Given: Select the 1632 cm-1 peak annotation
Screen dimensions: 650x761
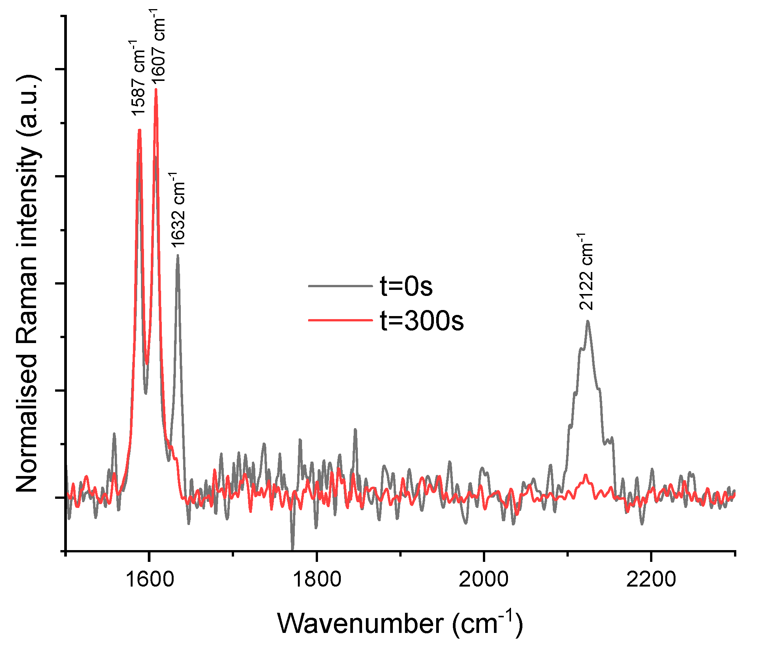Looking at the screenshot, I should point(177,210).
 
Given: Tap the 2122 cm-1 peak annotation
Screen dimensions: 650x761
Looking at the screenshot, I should point(586,272).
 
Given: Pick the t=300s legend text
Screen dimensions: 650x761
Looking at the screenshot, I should point(422,320).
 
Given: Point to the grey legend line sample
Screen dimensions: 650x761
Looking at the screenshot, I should point(340,286).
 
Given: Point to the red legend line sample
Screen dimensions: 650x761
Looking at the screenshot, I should point(340,320).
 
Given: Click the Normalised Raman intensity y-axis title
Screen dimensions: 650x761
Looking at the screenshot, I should point(27,283).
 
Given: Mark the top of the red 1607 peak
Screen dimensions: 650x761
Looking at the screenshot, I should point(156,89).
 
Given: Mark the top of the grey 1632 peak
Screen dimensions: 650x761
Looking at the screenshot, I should point(177,255).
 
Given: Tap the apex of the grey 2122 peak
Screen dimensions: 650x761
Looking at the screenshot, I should point(588,321).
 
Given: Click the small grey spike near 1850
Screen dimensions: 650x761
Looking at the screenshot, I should point(355,430).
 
